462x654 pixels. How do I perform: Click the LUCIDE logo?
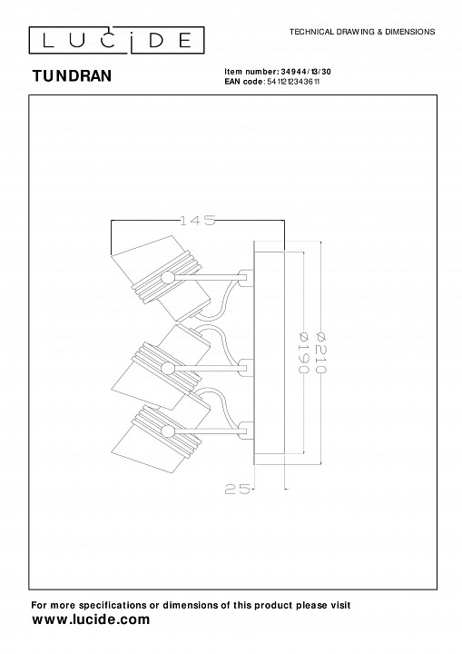click(x=116, y=40)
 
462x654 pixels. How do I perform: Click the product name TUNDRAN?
click(x=72, y=76)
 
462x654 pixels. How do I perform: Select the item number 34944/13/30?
click(x=306, y=72)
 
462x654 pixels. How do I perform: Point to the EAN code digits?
click(x=293, y=82)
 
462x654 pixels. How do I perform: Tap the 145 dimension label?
click(x=197, y=220)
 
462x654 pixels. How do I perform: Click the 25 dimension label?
click(x=238, y=489)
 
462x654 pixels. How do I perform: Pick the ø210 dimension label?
click(x=322, y=352)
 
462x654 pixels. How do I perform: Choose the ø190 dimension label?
click(x=303, y=352)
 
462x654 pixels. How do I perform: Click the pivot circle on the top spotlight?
click(x=168, y=277)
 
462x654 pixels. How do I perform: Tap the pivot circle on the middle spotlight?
click(x=168, y=369)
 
